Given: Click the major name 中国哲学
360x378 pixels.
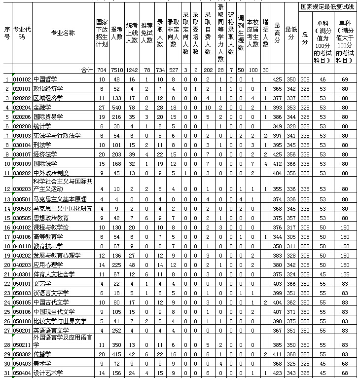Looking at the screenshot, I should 45,79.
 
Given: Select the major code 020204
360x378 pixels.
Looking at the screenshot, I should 22,107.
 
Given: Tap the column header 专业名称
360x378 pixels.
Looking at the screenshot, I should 63,33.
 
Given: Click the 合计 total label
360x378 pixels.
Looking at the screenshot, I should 87,70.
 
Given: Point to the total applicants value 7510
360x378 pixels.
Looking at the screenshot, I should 116,70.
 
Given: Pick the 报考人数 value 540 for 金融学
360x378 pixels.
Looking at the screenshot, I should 116,107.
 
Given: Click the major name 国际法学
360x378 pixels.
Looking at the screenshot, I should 45,163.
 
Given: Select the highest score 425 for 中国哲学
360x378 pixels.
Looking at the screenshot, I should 278,79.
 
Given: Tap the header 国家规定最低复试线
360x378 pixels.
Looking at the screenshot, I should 327,7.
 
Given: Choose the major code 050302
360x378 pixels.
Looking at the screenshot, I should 22,354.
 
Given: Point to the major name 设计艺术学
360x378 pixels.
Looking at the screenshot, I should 48,373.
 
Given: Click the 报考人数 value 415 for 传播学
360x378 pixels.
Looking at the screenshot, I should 116,354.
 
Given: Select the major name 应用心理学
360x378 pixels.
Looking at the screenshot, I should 48,265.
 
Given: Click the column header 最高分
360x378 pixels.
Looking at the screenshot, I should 278,33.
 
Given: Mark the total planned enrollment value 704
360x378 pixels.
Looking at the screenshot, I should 102,70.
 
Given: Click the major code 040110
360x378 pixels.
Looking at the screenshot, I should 22,246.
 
